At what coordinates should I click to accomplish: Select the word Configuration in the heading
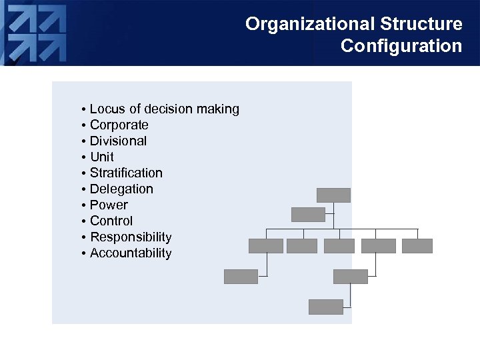click(401, 46)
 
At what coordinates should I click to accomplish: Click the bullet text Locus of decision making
click(164, 109)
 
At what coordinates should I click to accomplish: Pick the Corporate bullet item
click(119, 125)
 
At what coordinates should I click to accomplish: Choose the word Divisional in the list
click(118, 141)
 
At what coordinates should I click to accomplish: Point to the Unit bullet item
click(101, 157)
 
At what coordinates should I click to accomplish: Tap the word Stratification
click(126, 173)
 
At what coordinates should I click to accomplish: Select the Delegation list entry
click(121, 189)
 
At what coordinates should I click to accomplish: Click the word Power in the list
click(109, 205)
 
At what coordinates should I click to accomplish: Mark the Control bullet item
click(111, 221)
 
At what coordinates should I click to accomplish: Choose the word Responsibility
click(131, 237)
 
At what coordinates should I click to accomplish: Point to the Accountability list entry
click(131, 253)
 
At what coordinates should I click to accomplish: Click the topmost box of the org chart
click(333, 195)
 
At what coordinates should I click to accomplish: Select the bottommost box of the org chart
click(326, 307)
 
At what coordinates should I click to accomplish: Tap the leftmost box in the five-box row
click(265, 246)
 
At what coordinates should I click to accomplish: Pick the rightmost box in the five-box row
click(417, 246)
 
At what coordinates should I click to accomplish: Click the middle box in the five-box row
click(339, 246)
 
